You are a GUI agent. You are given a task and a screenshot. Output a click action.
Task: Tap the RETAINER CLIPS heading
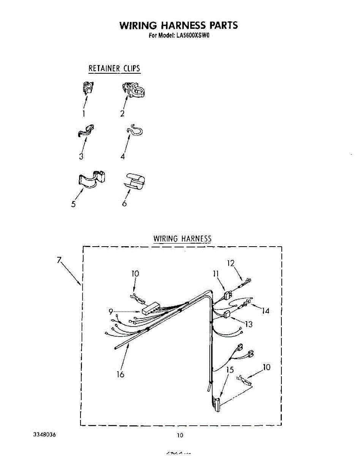click(x=114, y=69)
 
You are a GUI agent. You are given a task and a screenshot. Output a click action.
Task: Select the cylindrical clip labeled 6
click(x=135, y=180)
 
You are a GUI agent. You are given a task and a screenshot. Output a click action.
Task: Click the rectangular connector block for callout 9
click(x=150, y=307)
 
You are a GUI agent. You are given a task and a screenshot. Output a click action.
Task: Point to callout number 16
click(x=120, y=374)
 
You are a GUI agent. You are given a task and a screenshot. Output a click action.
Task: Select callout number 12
click(x=231, y=263)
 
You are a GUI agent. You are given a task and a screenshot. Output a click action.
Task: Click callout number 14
click(x=265, y=311)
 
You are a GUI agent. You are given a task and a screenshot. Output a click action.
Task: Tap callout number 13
click(x=249, y=324)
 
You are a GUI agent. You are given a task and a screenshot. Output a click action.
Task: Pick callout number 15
click(x=230, y=370)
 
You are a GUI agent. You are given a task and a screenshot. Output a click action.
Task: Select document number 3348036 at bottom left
click(x=45, y=434)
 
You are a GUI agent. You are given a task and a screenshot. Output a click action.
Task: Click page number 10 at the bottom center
click(x=180, y=435)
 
